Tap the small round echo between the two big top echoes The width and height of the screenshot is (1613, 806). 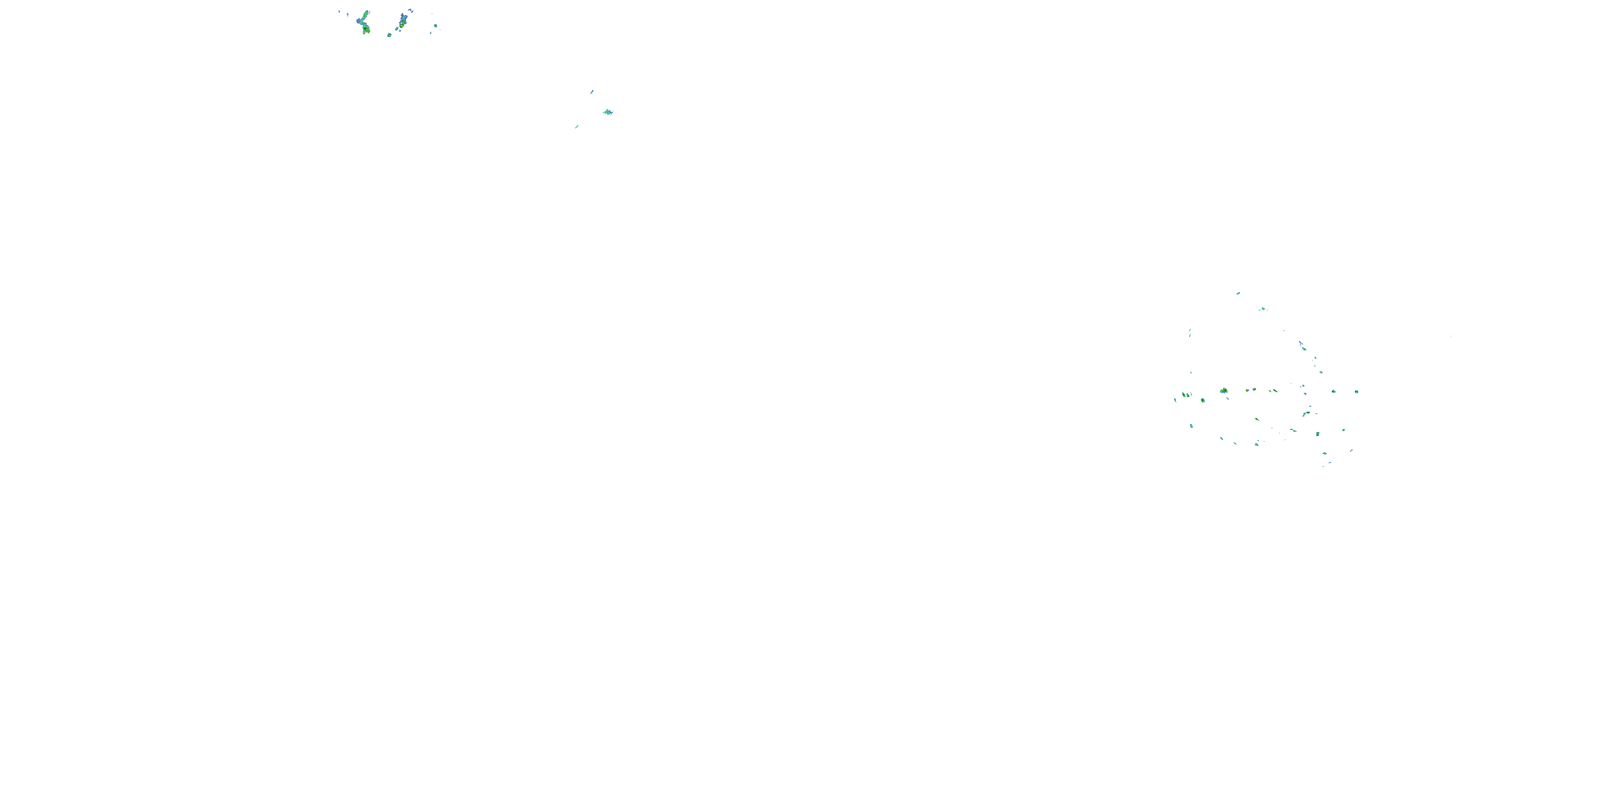389,35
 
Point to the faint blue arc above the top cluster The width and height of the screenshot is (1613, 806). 410,10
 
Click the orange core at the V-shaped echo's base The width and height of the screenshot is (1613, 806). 366,30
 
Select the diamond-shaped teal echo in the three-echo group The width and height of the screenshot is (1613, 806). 608,112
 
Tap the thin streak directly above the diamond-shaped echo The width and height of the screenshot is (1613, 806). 592,92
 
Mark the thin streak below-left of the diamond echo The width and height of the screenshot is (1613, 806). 577,127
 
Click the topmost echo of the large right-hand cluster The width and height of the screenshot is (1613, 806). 1238,293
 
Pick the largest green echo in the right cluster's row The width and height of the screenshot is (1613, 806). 1224,391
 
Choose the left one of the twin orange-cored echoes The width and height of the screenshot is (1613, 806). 1183,395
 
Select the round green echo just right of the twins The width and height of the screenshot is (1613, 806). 1202,400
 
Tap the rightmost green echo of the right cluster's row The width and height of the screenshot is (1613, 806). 1357,392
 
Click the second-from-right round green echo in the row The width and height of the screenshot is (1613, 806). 1333,391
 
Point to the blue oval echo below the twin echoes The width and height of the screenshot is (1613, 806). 1191,426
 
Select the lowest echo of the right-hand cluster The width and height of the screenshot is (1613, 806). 1323,466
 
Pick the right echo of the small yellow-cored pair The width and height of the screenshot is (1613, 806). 1254,389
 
